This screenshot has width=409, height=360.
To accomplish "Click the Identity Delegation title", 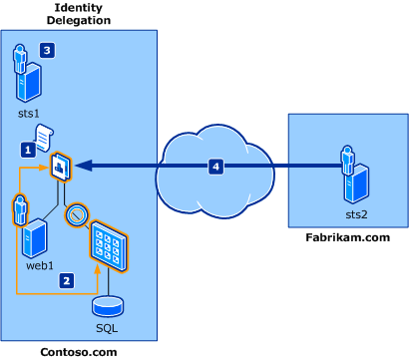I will tap(81, 13).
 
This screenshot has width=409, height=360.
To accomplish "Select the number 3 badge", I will tap(47, 48).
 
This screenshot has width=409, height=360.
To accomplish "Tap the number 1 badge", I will tap(28, 149).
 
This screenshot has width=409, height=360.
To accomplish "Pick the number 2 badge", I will tap(67, 281).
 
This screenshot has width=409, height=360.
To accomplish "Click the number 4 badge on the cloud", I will tap(216, 167).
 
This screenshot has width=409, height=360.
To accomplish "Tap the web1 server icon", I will tap(38, 238).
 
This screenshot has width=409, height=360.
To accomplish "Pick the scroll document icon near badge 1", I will tap(46, 135).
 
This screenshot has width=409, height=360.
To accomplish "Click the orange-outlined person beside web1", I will tap(19, 210).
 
